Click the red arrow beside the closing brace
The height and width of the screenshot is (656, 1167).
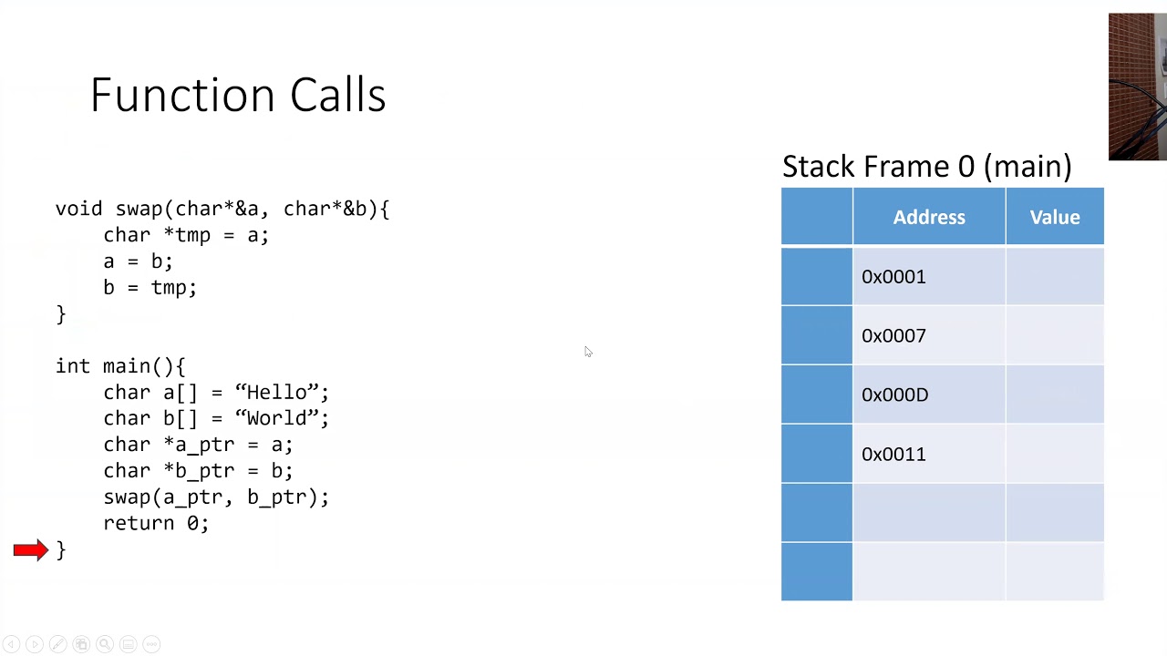[x=31, y=549]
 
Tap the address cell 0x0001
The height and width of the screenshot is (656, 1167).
[x=929, y=276]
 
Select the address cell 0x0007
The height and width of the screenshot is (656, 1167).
[x=929, y=335]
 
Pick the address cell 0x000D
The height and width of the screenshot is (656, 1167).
[x=929, y=395]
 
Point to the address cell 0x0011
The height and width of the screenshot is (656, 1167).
[x=929, y=454]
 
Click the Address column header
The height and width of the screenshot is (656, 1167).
[x=929, y=217]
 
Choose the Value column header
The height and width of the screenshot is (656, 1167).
[x=1055, y=217]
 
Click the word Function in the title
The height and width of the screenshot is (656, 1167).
[x=182, y=95]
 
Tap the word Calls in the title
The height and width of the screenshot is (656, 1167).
[x=337, y=95]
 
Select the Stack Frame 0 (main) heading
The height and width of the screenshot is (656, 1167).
[x=927, y=167]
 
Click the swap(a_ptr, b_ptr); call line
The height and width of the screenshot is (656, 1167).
[x=216, y=497]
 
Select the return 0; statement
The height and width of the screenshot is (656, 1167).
[x=156, y=523]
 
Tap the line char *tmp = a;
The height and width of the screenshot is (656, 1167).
[x=186, y=235]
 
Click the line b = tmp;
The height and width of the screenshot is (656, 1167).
[x=150, y=287]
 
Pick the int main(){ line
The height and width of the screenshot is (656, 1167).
[x=120, y=366]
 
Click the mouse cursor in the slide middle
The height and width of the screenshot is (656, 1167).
[x=588, y=352]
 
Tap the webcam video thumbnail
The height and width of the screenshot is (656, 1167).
[x=1138, y=87]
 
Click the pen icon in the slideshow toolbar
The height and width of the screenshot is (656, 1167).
[x=57, y=644]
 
